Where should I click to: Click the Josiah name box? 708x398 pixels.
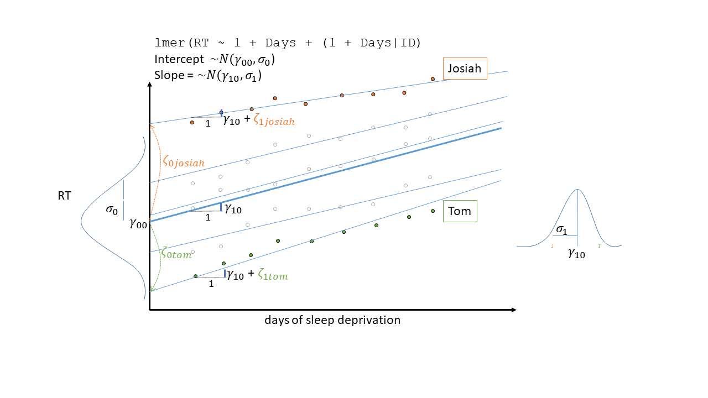pyautogui.click(x=465, y=69)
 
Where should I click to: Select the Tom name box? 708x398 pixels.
pyautogui.click(x=460, y=211)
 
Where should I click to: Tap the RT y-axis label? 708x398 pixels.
pyautogui.click(x=64, y=195)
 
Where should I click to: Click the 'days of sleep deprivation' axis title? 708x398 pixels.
pyautogui.click(x=332, y=320)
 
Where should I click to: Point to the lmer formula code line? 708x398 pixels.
pyautogui.click(x=289, y=43)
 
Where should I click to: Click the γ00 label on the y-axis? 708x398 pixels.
pyautogui.click(x=138, y=223)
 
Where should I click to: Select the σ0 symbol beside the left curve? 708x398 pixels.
pyautogui.click(x=112, y=211)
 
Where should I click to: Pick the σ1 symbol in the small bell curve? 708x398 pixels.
pyautogui.click(x=561, y=231)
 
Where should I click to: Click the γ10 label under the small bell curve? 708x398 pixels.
pyautogui.click(x=576, y=254)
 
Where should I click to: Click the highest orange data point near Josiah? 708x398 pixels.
pyautogui.click(x=433, y=79)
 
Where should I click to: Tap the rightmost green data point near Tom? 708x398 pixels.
pyautogui.click(x=433, y=211)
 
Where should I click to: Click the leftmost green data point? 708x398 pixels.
pyautogui.click(x=195, y=276)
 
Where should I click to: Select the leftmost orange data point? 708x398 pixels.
pyautogui.click(x=192, y=122)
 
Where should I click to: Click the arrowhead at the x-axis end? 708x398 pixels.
pyautogui.click(x=514, y=310)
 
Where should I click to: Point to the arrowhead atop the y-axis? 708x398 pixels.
pyautogui.click(x=149, y=85)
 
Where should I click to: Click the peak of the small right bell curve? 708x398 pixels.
pyautogui.click(x=578, y=190)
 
